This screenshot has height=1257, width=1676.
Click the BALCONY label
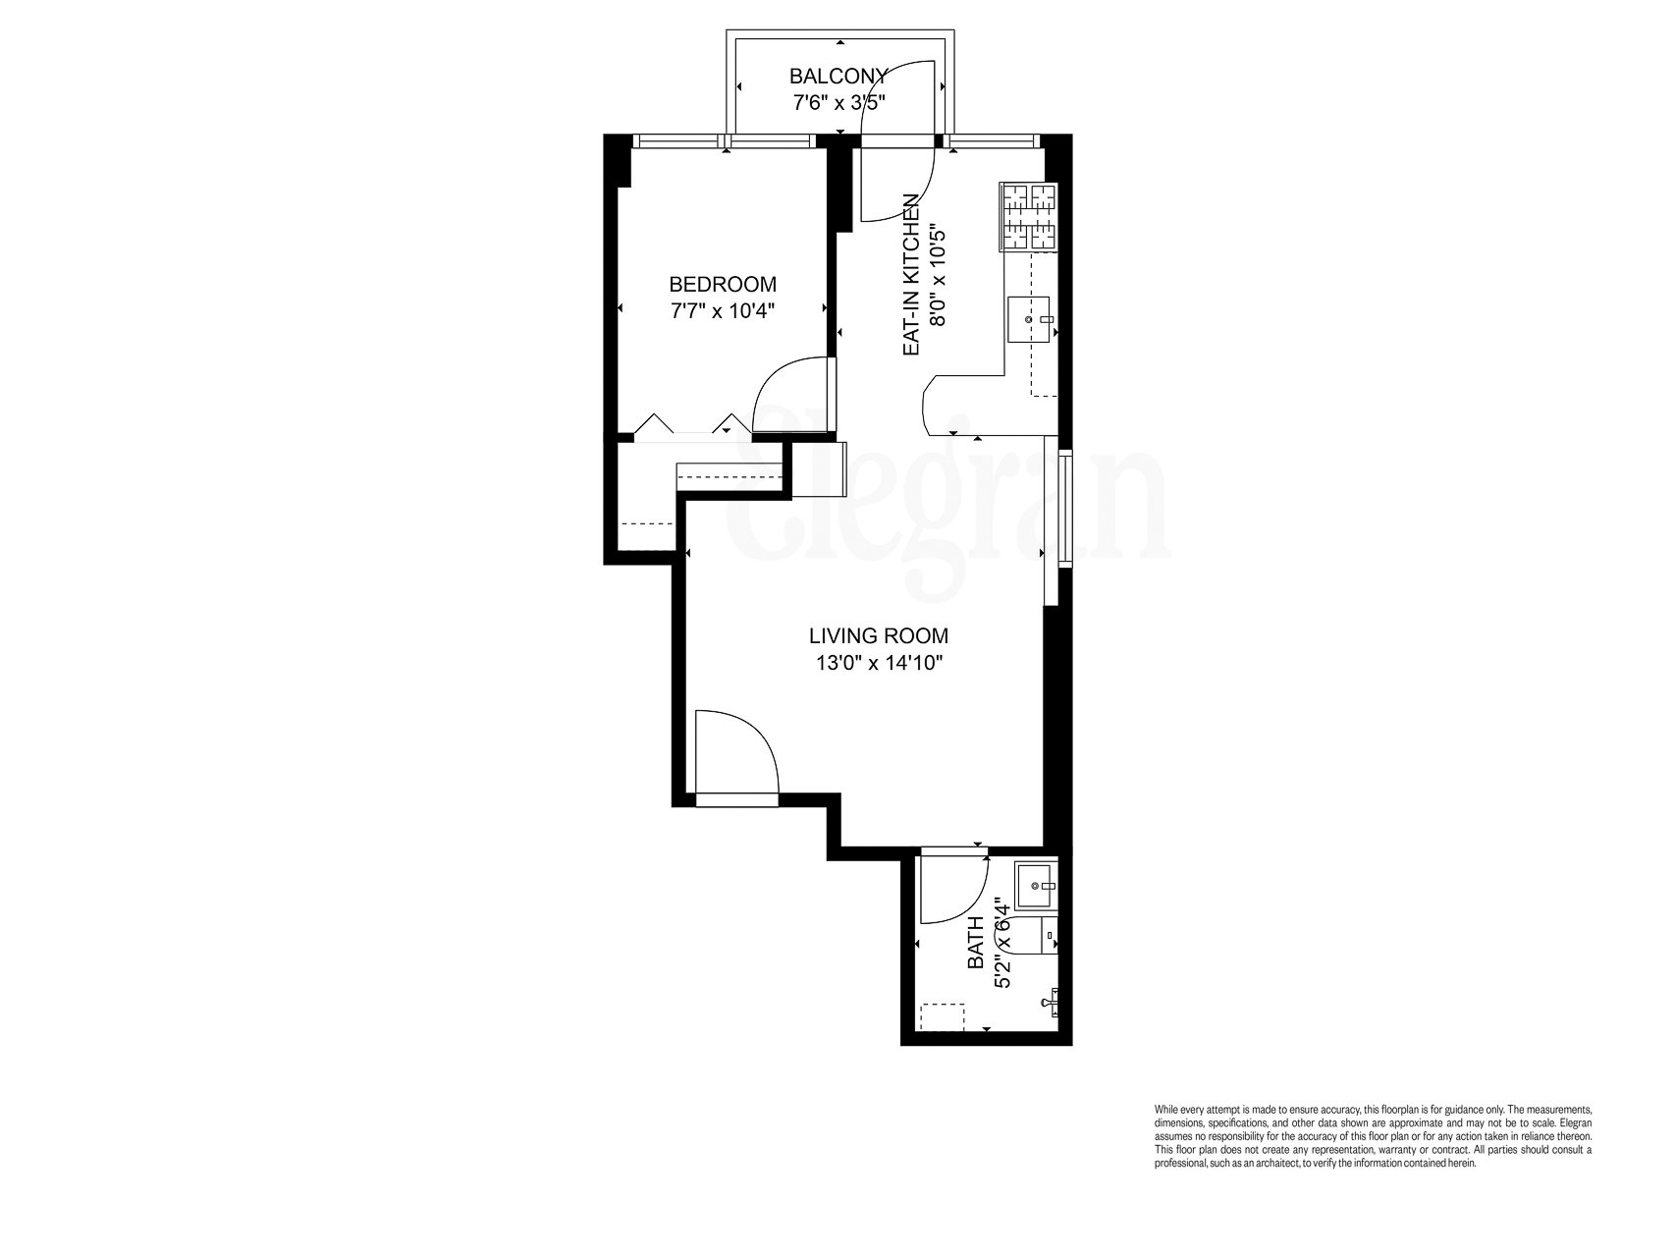(x=839, y=76)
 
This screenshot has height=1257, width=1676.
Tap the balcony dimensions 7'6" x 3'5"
(x=839, y=101)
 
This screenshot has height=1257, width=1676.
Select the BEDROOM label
(x=722, y=285)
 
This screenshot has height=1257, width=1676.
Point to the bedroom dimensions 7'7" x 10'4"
(x=722, y=310)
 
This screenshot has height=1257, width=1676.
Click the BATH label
(x=976, y=942)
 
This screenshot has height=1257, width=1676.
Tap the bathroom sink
(x=1037, y=886)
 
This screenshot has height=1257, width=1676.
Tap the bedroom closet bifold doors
(x=687, y=426)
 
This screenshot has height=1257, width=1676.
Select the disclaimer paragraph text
(x=1372, y=1135)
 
